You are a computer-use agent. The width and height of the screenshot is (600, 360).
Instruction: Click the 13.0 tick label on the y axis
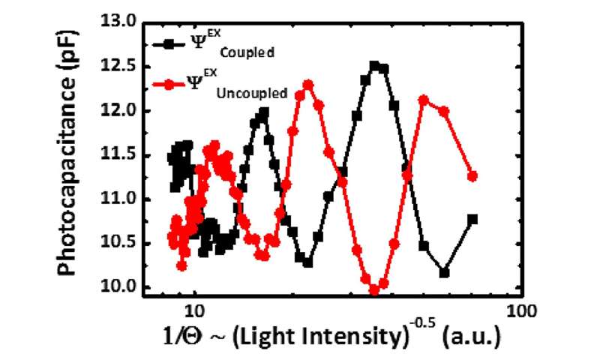(x=120, y=23)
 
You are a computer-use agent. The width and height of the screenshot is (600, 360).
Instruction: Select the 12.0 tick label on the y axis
(x=120, y=111)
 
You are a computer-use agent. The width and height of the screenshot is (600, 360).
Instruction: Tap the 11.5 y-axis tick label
(x=120, y=155)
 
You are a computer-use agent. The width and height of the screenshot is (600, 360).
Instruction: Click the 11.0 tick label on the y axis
(x=120, y=199)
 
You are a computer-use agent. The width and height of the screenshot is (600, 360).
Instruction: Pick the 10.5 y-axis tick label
(x=120, y=243)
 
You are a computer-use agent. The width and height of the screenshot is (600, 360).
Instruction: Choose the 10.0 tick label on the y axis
(x=120, y=286)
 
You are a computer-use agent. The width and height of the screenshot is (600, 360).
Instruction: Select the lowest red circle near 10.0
(x=374, y=289)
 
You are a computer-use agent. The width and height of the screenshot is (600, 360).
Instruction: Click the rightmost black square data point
(x=472, y=219)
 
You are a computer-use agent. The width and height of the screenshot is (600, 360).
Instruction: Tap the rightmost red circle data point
(x=472, y=176)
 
